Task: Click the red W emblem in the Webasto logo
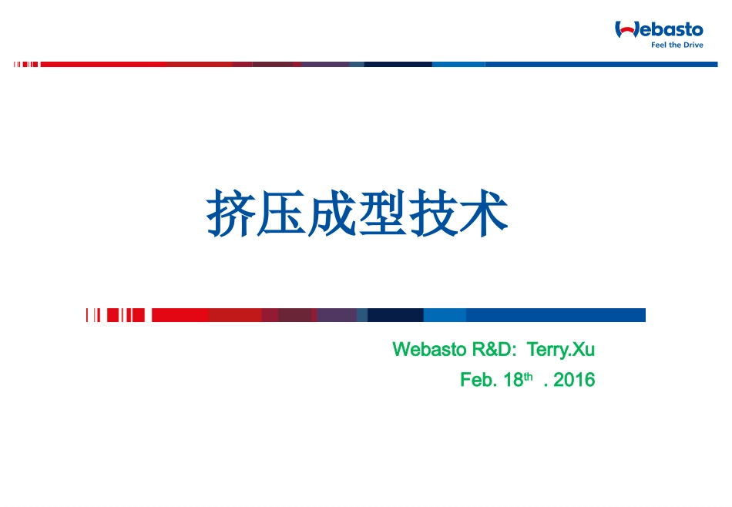(625, 30)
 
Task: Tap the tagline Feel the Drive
(677, 45)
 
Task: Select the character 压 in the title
(281, 213)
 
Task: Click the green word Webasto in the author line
(429, 350)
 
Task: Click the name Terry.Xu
(561, 350)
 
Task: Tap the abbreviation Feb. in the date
(478, 380)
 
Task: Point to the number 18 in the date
(513, 380)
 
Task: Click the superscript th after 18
(529, 376)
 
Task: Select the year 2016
(574, 380)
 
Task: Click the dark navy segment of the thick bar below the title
(395, 315)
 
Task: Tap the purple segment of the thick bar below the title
(337, 315)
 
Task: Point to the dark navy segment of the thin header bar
(398, 65)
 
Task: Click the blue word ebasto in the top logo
(670, 30)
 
